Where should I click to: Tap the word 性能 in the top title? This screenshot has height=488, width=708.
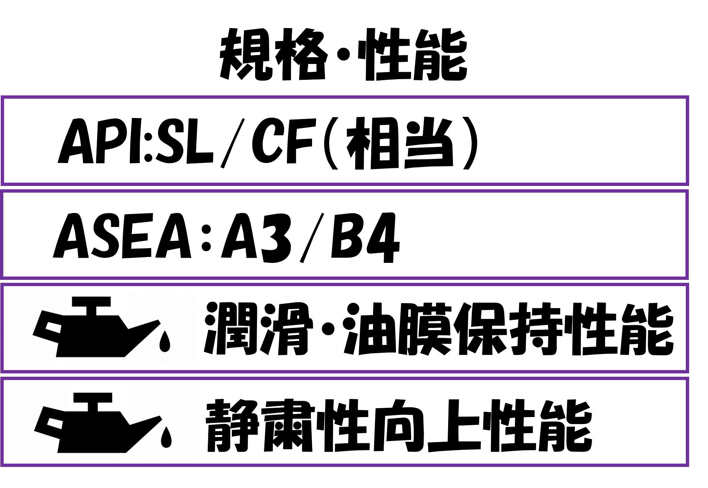414,55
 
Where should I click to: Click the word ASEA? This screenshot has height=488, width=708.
122,236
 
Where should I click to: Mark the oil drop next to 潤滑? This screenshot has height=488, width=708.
165,341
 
